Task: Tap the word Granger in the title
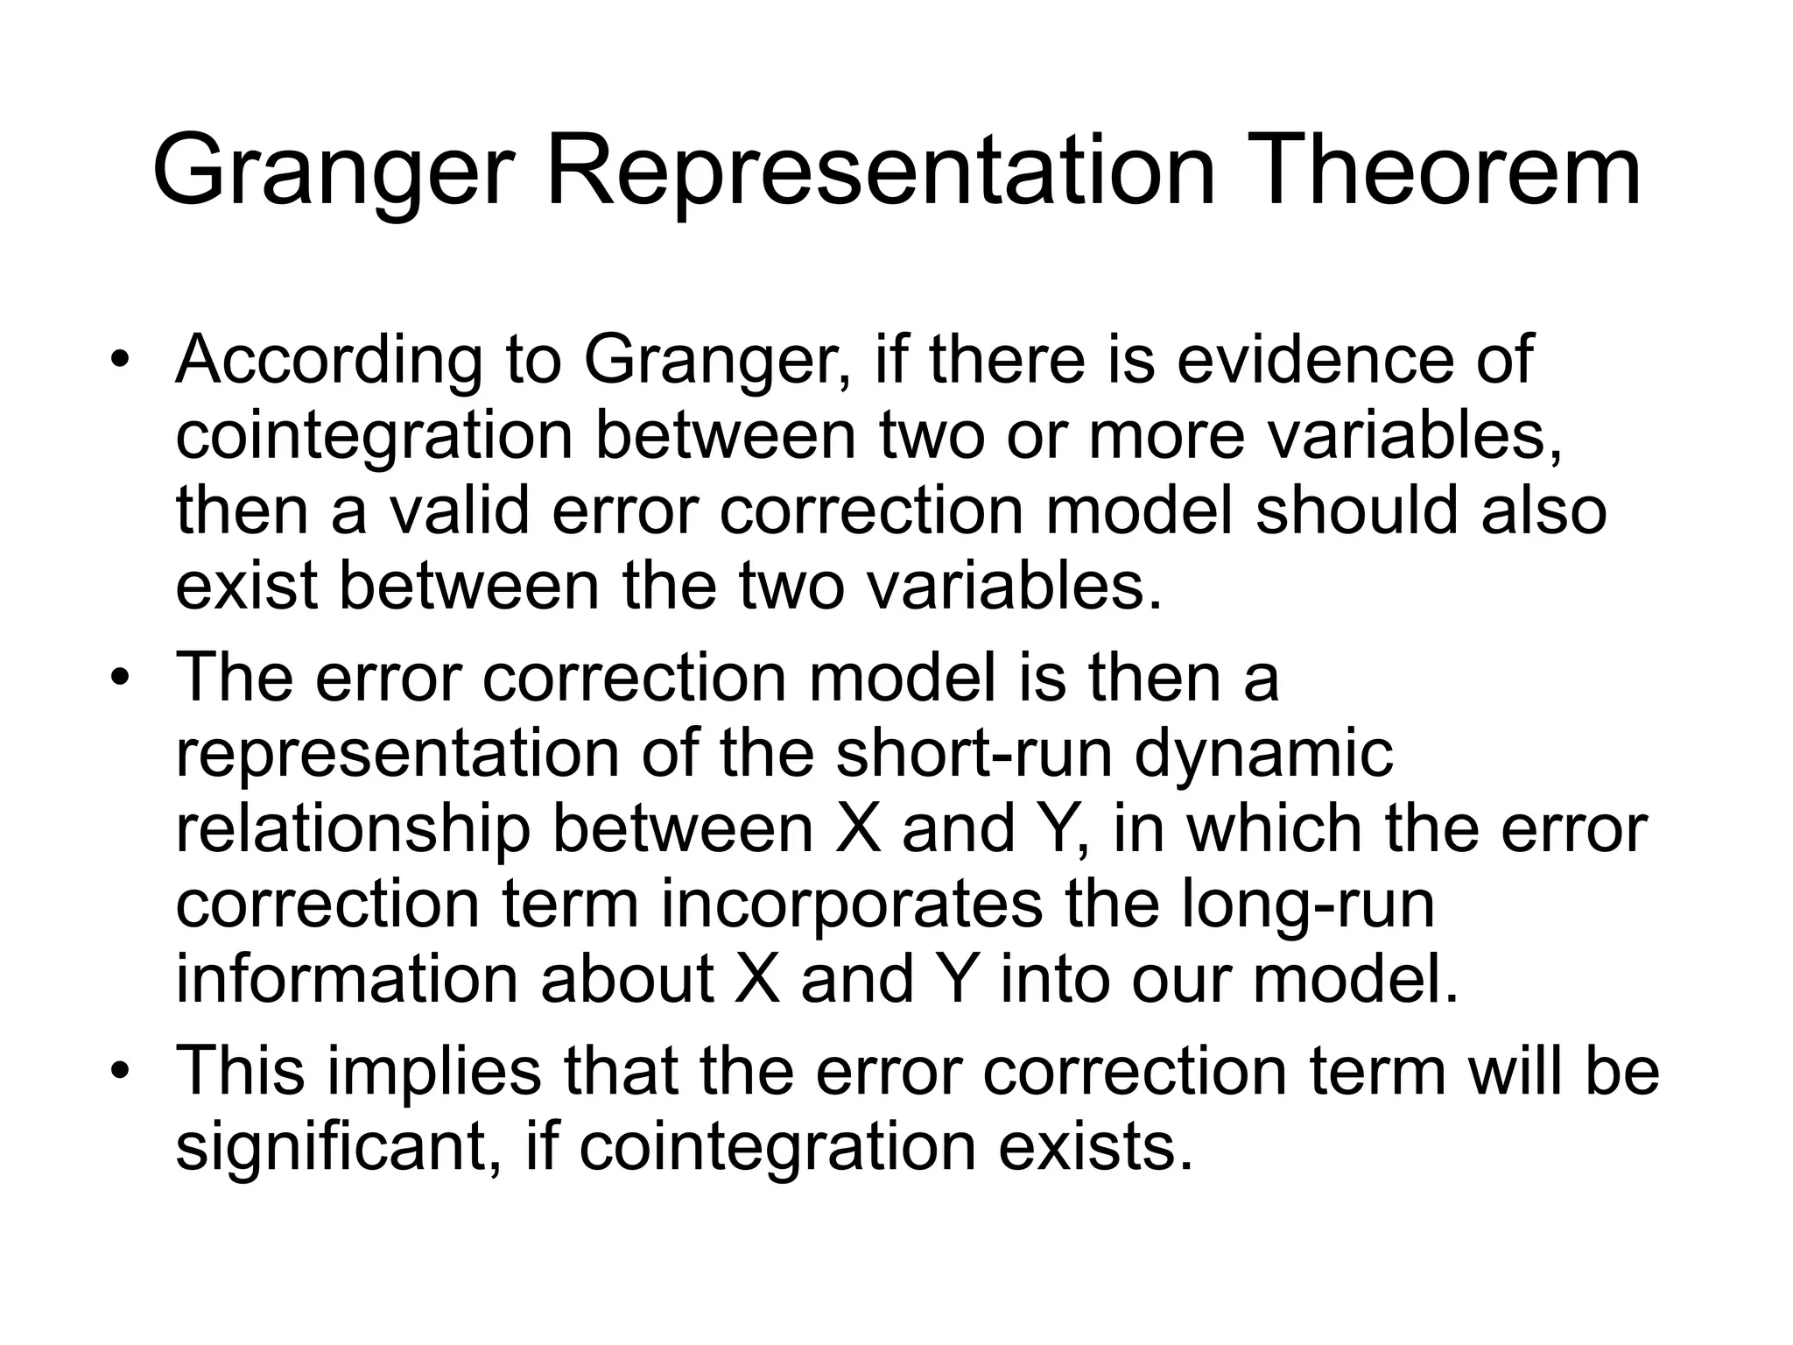click(x=329, y=172)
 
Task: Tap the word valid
click(x=459, y=511)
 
